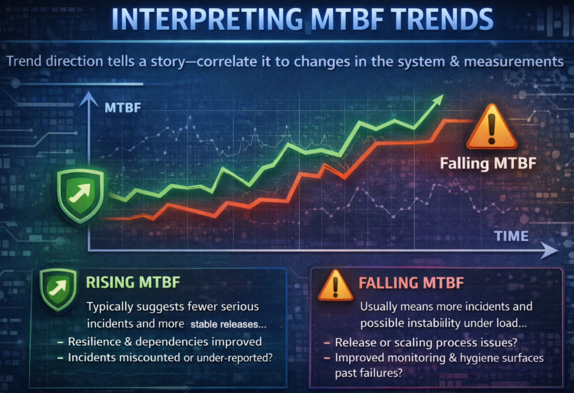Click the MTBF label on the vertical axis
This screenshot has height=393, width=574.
click(123, 108)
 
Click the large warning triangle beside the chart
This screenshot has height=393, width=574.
click(491, 127)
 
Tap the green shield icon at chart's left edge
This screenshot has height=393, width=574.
click(80, 196)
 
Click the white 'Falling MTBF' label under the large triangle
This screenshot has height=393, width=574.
click(488, 163)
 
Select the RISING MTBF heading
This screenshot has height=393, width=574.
click(133, 282)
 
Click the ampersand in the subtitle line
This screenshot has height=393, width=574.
click(455, 61)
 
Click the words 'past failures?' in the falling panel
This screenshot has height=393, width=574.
click(368, 373)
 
